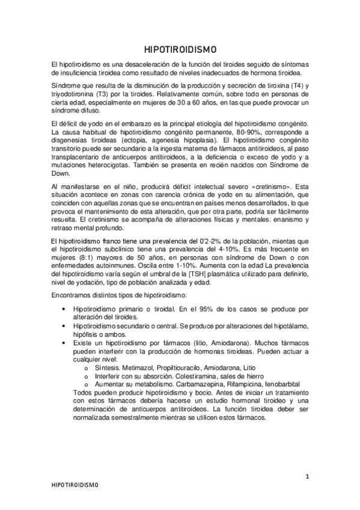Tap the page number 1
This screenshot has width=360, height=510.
[x=307, y=478]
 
